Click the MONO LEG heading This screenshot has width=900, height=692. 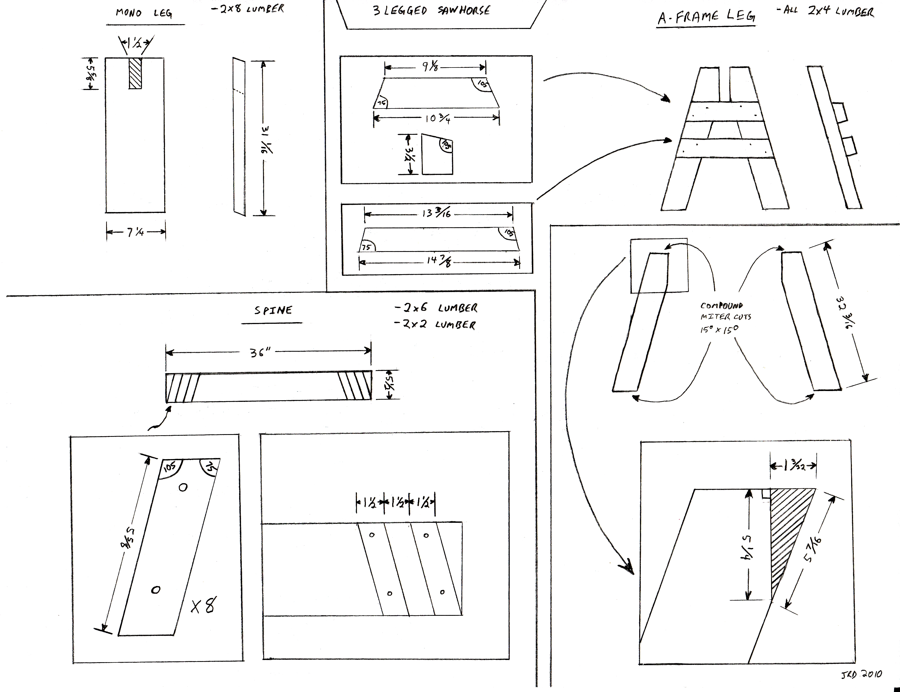click(x=143, y=13)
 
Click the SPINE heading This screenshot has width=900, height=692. click(x=273, y=310)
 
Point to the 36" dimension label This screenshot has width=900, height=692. click(x=261, y=353)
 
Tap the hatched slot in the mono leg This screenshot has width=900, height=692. click(x=135, y=73)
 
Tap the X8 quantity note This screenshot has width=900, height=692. click(x=203, y=606)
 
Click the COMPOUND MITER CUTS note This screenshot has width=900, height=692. click(x=725, y=317)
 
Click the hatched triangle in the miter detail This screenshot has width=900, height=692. click(x=785, y=527)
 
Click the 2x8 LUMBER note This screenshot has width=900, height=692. click(x=247, y=9)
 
